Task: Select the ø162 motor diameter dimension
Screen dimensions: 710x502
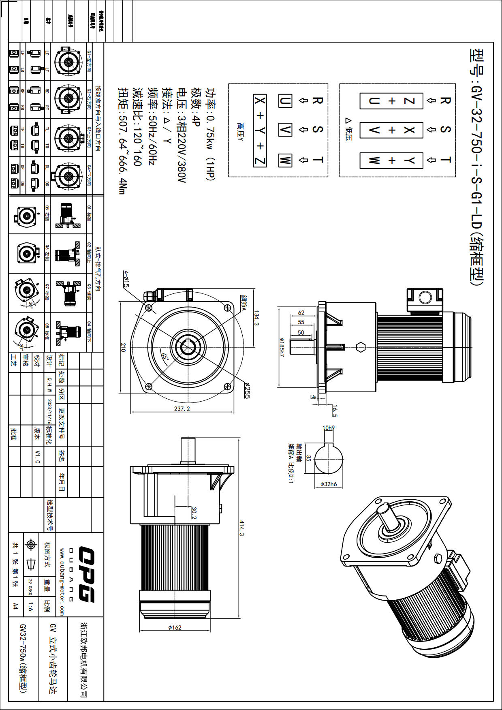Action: (x=175, y=627)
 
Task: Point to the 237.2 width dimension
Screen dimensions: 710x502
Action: (x=182, y=408)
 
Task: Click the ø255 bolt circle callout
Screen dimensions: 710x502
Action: (x=247, y=390)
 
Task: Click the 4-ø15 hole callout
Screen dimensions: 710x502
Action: (x=126, y=279)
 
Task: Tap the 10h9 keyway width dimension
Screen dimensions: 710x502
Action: (x=329, y=428)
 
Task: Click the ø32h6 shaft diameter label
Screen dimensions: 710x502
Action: (x=329, y=484)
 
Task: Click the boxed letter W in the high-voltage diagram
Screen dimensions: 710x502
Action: (x=285, y=160)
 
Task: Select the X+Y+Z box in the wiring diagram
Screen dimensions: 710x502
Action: (x=260, y=130)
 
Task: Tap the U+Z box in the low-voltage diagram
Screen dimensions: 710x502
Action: (x=391, y=101)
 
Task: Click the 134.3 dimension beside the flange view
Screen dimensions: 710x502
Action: (x=256, y=318)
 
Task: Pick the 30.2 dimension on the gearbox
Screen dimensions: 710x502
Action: (x=194, y=512)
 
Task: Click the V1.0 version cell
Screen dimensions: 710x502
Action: (x=37, y=456)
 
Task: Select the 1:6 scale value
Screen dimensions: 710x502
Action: (x=31, y=606)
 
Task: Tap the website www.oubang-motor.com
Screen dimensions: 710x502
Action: (x=62, y=582)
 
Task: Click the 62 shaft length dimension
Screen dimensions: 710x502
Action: (x=301, y=312)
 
